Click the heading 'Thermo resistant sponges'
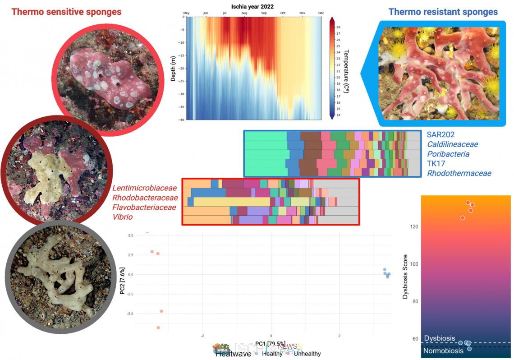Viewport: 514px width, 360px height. [443, 12]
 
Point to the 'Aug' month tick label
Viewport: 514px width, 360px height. [244, 13]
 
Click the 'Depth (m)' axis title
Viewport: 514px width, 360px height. [173, 69]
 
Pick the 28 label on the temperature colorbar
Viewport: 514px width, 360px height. [338, 27]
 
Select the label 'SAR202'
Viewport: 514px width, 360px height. [441, 134]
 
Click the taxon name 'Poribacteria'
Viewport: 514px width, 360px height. [448, 154]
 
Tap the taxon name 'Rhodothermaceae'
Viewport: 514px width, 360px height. [459, 173]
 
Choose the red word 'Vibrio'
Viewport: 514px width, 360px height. [123, 217]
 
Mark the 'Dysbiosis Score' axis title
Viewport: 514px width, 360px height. [405, 275]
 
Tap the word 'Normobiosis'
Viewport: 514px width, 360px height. [443, 351]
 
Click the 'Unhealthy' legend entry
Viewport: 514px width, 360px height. [307, 354]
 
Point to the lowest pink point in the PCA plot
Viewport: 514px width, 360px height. [158, 328]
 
